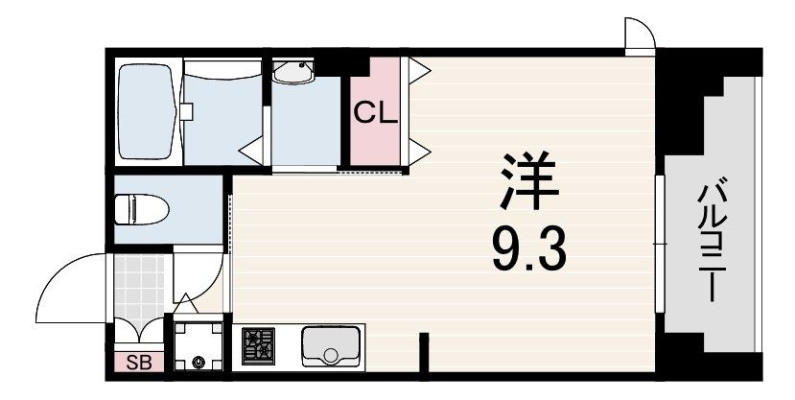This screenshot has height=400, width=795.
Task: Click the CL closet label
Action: (375, 112)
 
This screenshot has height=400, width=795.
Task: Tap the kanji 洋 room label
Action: (528, 180)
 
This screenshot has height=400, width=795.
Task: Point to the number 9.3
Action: (528, 251)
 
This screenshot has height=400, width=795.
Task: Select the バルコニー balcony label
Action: (712, 239)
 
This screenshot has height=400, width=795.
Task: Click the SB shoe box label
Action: (138, 363)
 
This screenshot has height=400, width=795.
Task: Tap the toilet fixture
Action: (142, 209)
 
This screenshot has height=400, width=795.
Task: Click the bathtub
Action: (147, 111)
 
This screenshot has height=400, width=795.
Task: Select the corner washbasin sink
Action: (293, 72)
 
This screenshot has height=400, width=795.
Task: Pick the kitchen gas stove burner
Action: (259, 345)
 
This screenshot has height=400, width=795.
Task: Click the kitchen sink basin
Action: (331, 346)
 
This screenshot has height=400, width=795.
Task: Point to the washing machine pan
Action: (198, 346)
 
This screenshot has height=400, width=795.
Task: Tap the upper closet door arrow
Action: (419, 70)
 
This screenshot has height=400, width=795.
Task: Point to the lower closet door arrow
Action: (419, 152)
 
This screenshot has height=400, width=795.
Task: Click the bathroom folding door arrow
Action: (251, 150)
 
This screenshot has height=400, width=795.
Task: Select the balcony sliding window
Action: (660, 244)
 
